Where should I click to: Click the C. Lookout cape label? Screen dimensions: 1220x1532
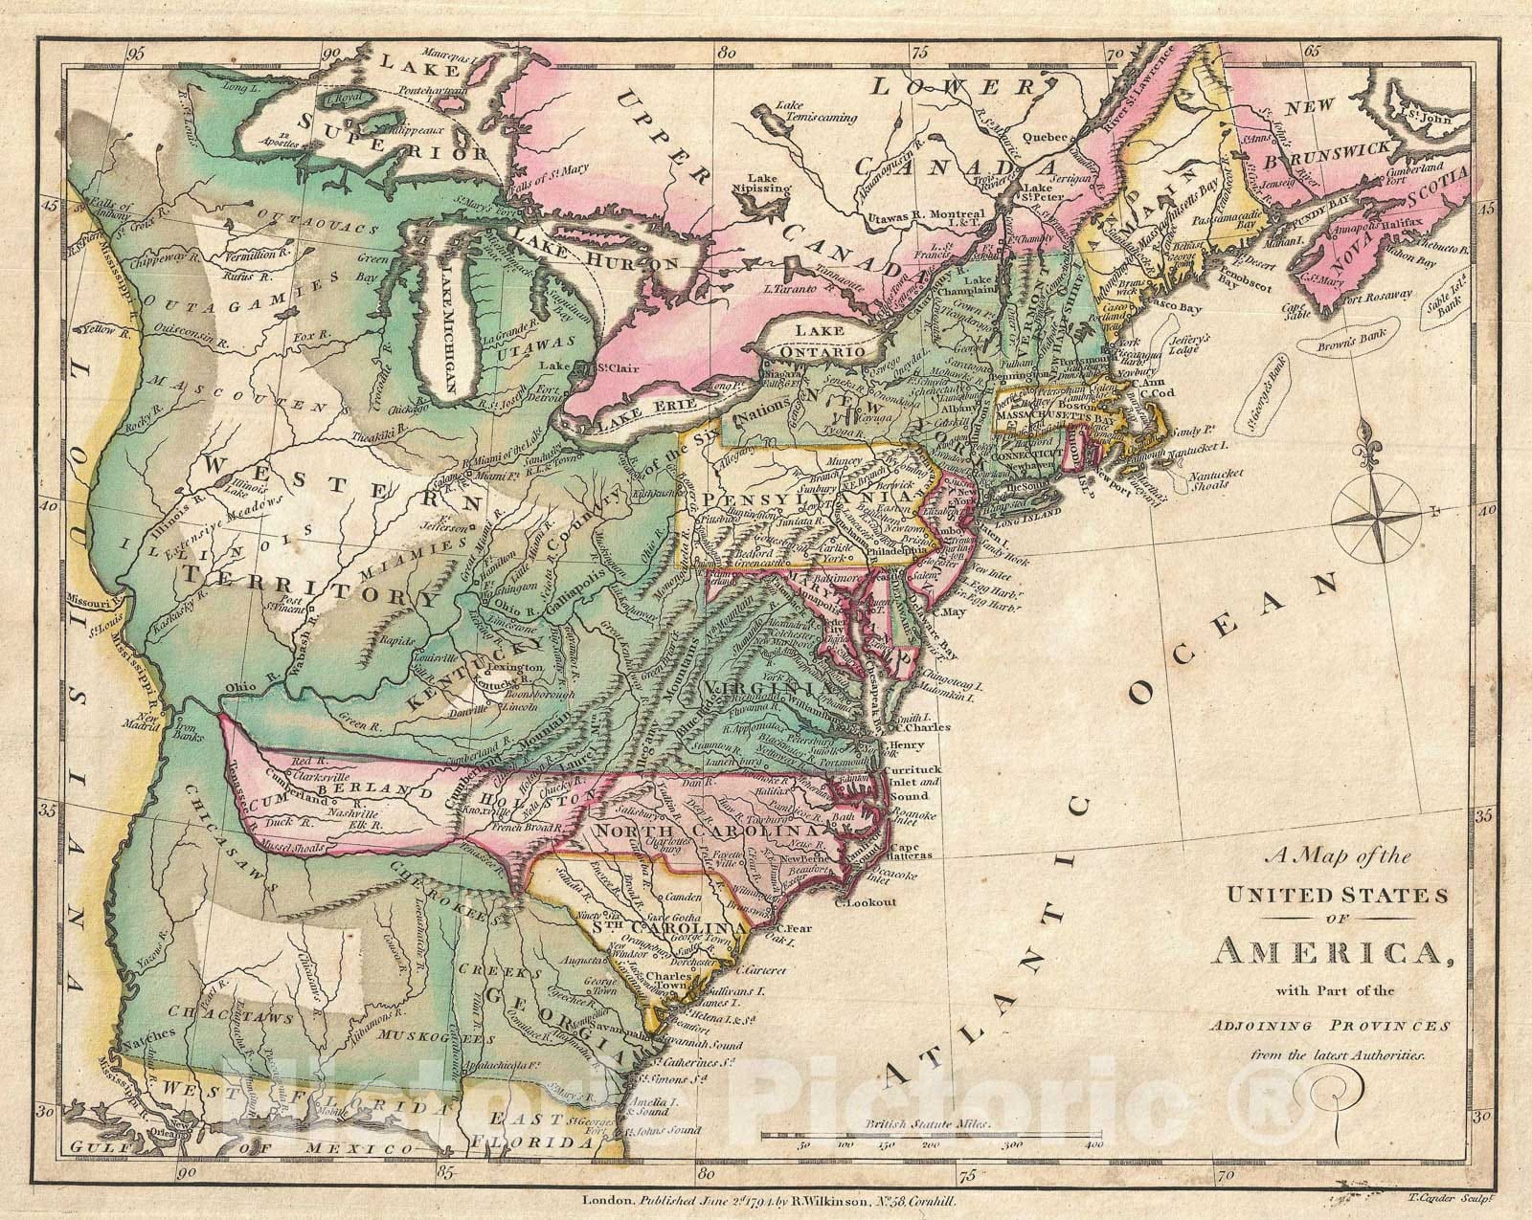[864, 902]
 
